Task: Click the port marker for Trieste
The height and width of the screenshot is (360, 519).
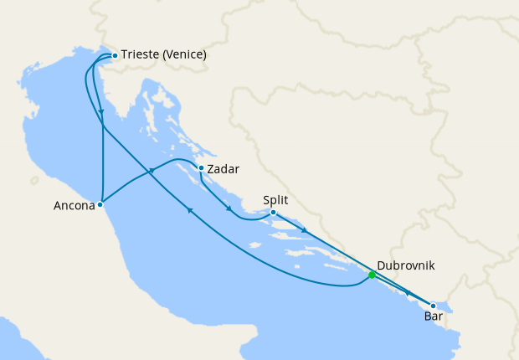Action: [115, 56]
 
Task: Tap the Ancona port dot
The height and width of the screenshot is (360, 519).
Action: [100, 203]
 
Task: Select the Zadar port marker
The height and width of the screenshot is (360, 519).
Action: [201, 168]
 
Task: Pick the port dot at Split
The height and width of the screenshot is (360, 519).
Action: [274, 213]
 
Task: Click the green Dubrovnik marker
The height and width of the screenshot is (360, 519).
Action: [372, 275]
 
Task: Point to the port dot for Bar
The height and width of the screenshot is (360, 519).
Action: [433, 306]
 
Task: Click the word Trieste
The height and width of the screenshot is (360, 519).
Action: [141, 55]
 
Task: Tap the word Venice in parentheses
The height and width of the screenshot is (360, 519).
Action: [185, 55]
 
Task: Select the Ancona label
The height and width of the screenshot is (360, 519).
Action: [73, 205]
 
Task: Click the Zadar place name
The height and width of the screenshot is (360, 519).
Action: [223, 169]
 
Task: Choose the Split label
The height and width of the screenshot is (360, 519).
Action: [276, 200]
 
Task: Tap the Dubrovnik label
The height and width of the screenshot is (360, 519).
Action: [406, 266]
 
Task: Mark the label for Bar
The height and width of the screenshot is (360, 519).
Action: [434, 317]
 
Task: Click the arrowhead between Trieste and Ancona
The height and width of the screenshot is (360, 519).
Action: [101, 112]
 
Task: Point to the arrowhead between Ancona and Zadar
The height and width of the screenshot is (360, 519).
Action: [152, 172]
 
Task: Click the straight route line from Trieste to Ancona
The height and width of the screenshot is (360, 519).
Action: [102, 151]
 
